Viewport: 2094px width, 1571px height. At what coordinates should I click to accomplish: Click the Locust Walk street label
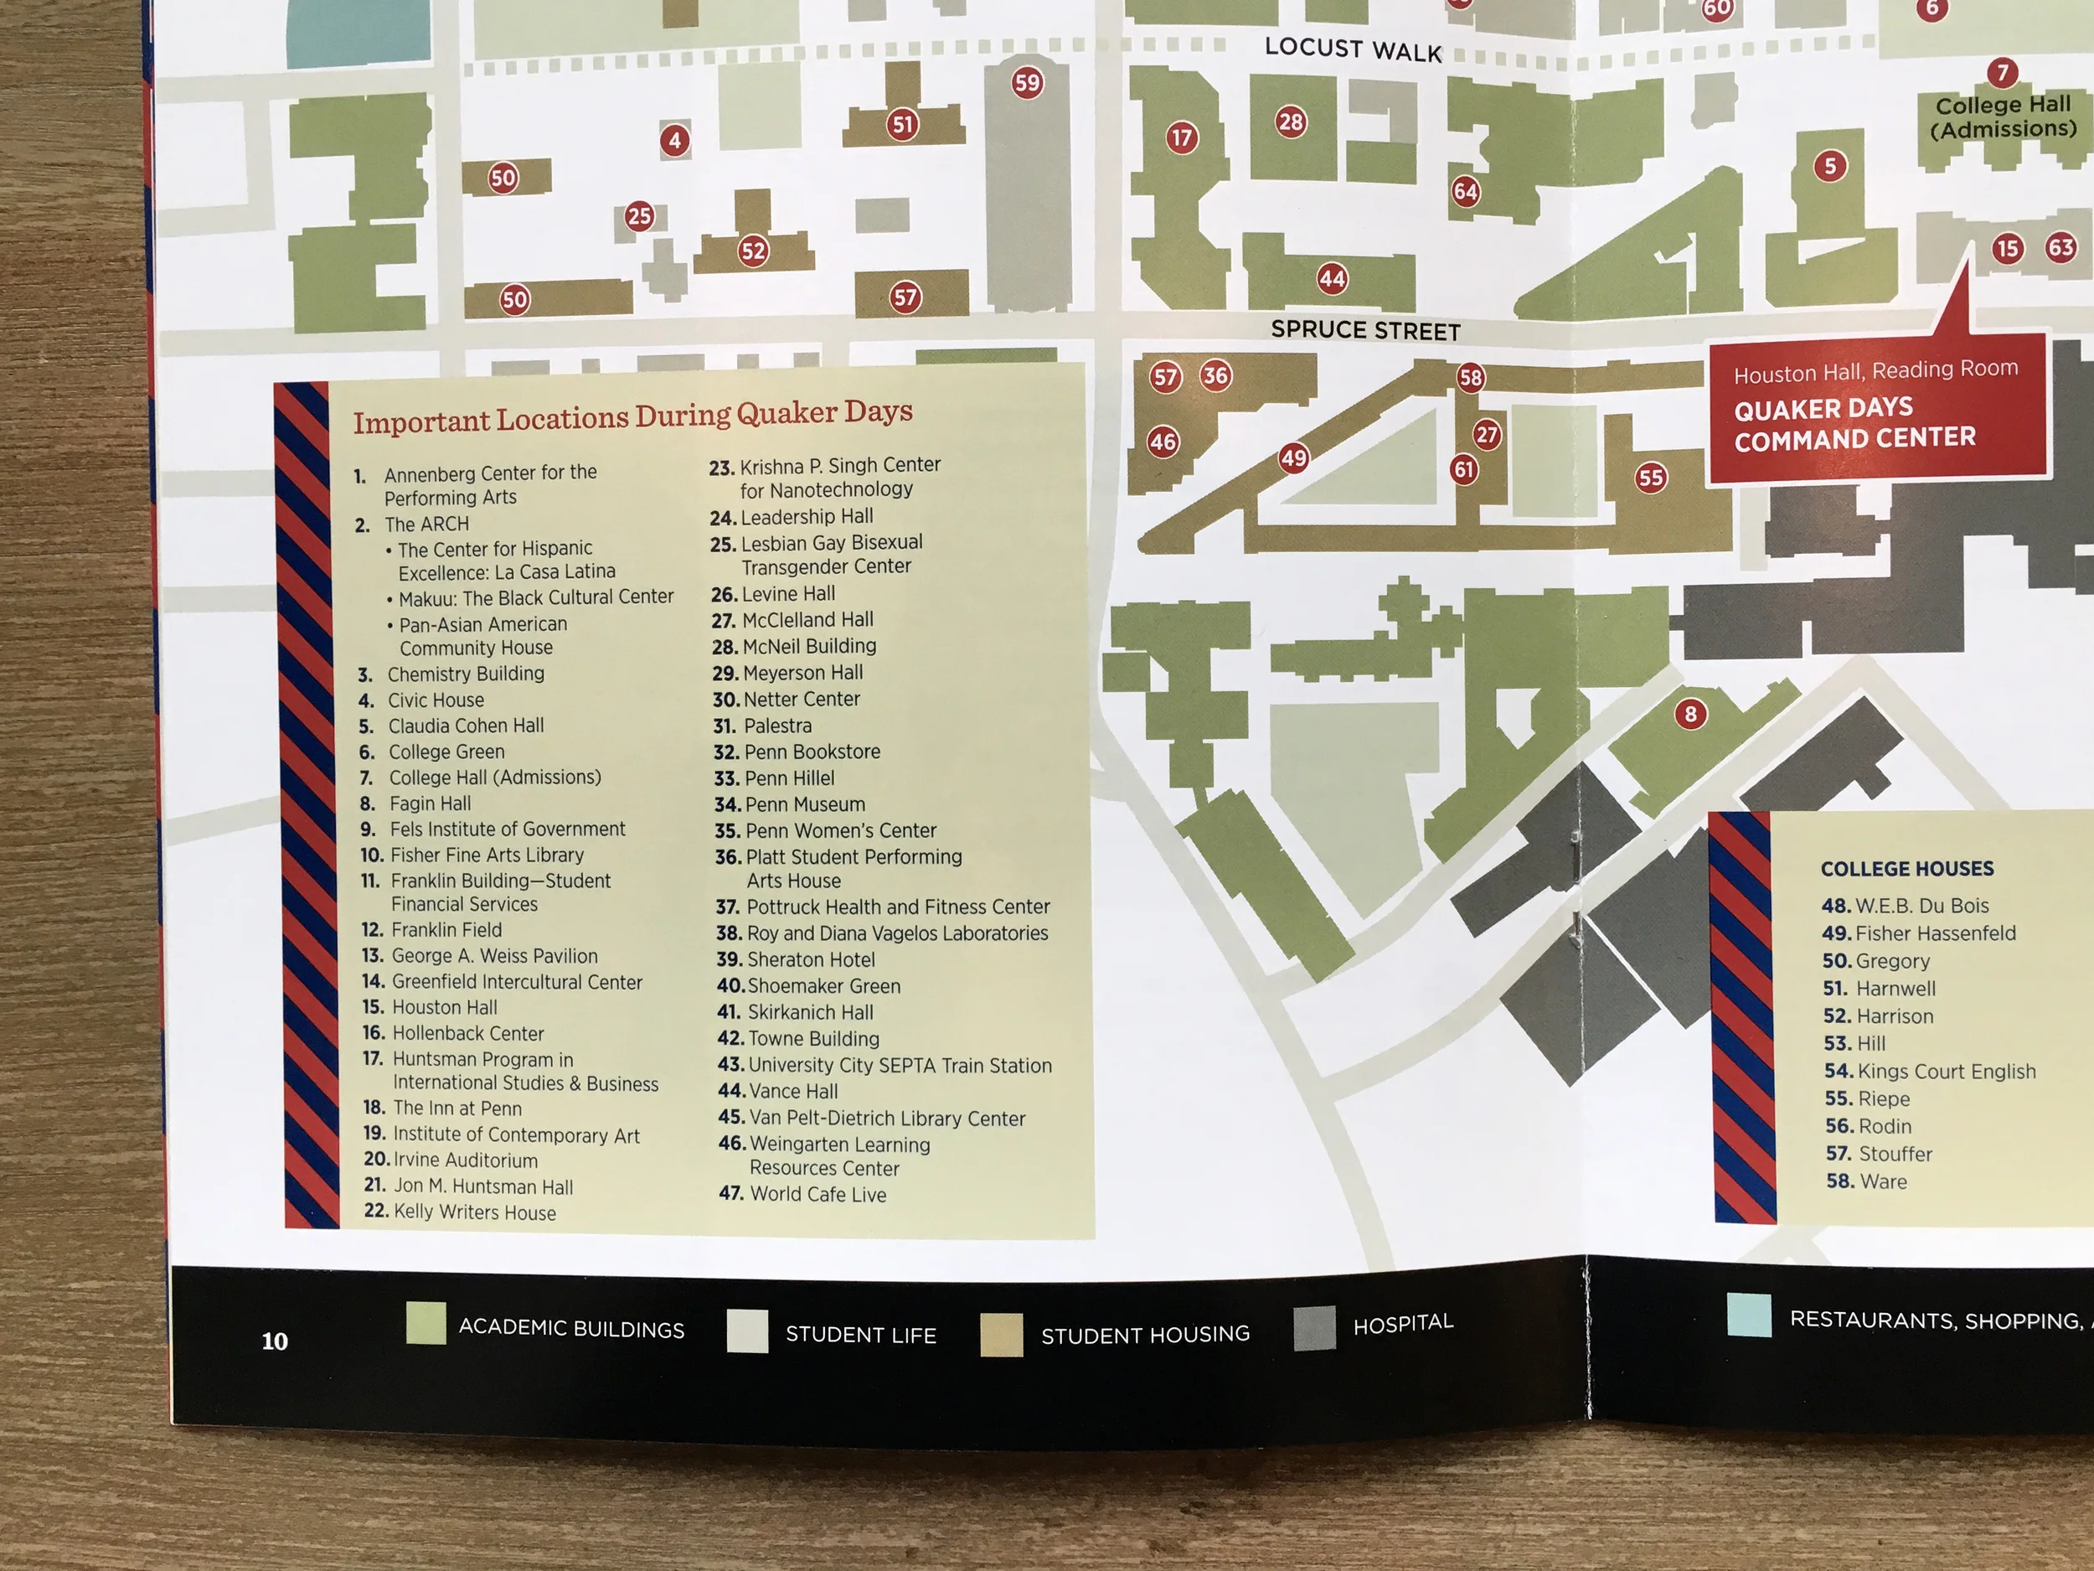pos(1353,49)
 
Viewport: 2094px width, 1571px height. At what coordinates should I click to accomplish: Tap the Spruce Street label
pos(1365,329)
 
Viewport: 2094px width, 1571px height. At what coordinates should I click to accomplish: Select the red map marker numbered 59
pos(1027,83)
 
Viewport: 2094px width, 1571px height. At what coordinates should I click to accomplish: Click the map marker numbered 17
pos(1181,138)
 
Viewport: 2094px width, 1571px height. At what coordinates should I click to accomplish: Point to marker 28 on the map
pos(1290,121)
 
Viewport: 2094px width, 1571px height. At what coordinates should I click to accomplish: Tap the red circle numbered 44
pos(1332,278)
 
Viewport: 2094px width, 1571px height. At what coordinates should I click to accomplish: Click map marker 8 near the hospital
pos(1691,714)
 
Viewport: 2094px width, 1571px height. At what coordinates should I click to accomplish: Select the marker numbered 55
pos(1651,478)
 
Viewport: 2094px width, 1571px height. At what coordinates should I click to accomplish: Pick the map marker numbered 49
pos(1293,458)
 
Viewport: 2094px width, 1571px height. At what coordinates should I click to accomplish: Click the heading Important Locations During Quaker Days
pos(632,416)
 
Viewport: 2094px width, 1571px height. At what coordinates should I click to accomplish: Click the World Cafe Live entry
pos(802,1194)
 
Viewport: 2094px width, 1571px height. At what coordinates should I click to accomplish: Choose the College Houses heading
pos(1906,868)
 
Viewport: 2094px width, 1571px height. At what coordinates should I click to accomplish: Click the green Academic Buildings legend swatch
pos(426,1323)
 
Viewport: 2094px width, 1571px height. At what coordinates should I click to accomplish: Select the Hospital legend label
pos(1403,1324)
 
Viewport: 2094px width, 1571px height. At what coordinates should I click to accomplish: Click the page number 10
pos(275,1341)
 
